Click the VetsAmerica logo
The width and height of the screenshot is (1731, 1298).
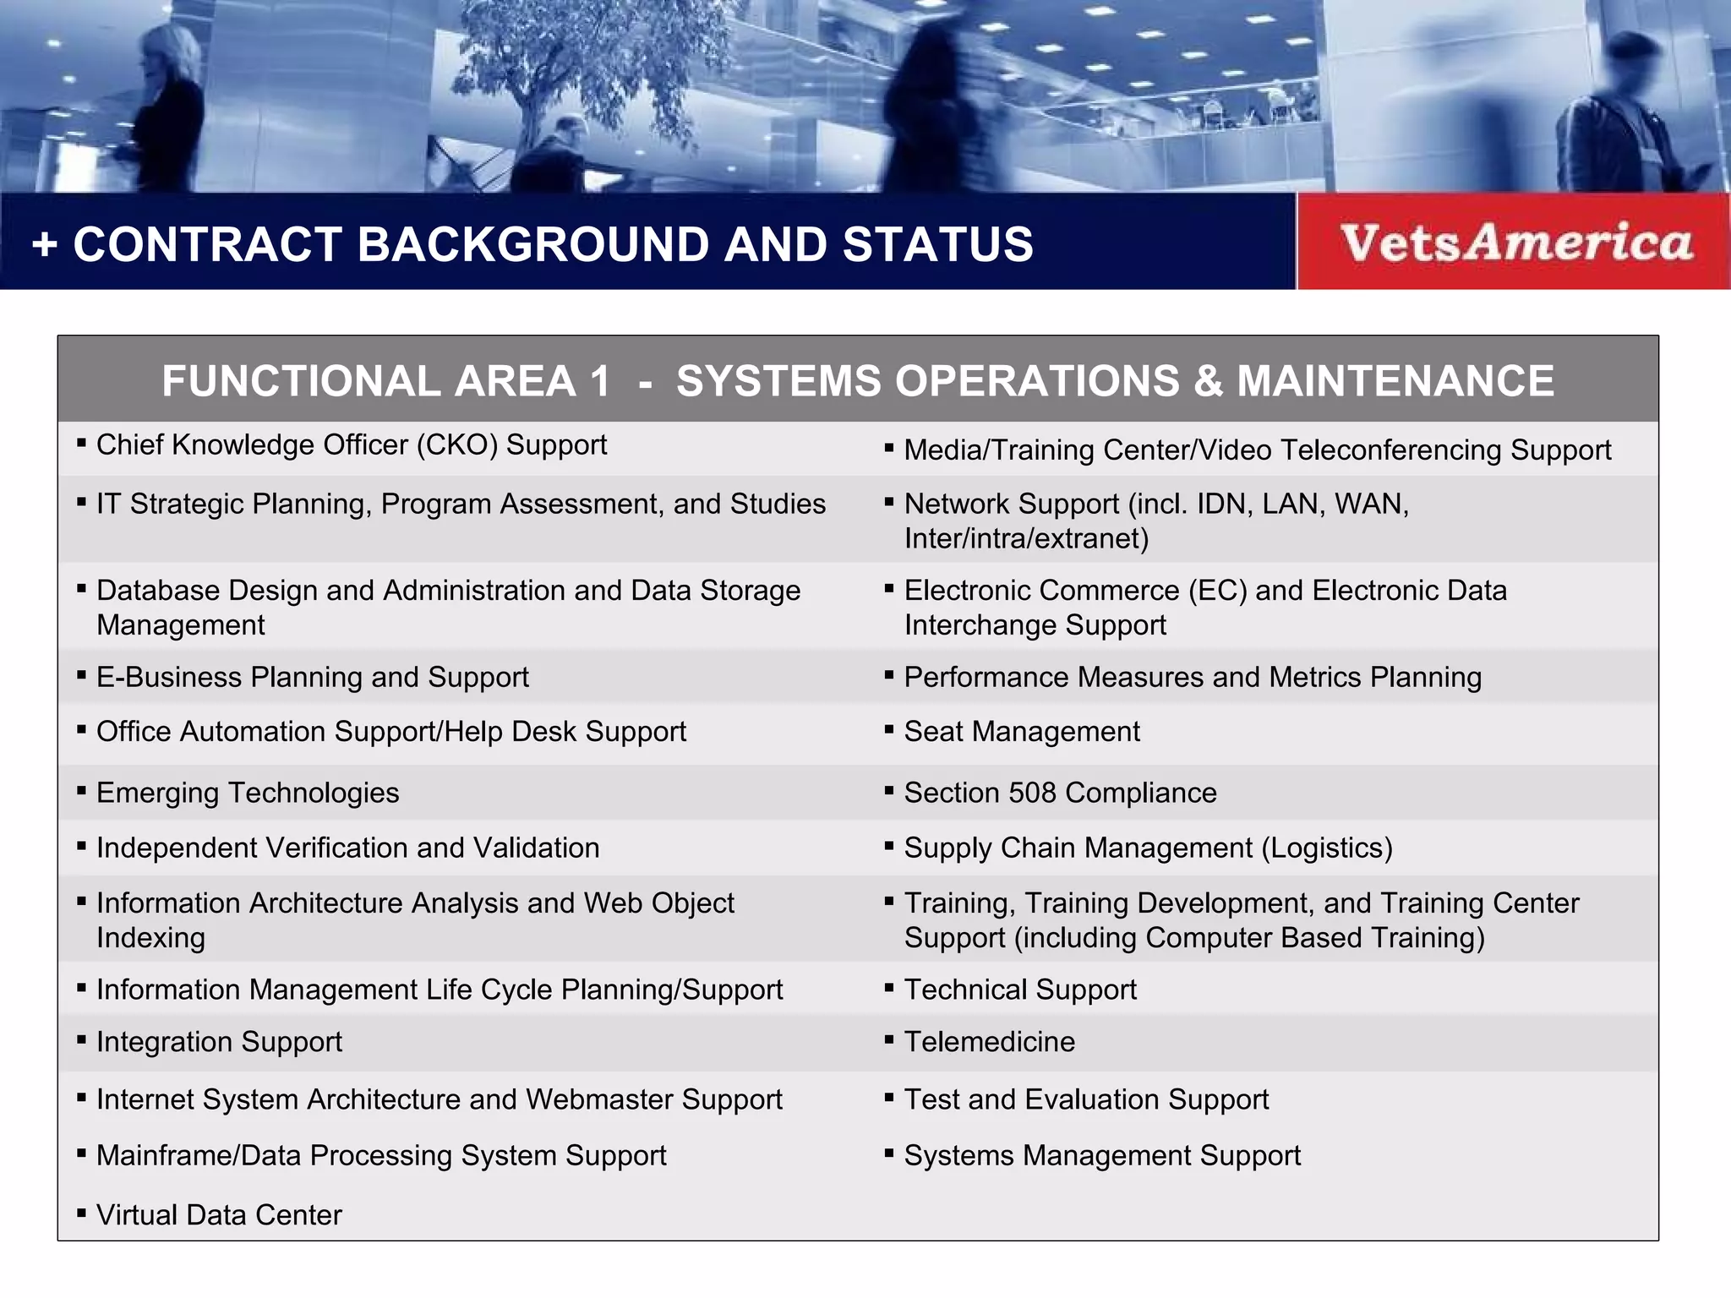(x=1515, y=243)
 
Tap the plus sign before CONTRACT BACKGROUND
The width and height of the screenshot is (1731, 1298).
(x=45, y=245)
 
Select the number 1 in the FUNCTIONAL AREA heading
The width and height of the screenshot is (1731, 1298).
(x=600, y=381)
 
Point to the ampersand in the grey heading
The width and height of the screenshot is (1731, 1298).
(x=1208, y=381)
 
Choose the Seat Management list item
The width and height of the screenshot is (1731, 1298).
(x=1021, y=731)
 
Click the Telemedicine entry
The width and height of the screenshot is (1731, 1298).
(x=989, y=1042)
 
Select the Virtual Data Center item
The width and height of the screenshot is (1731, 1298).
(x=219, y=1215)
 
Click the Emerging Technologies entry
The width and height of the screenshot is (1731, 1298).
(x=248, y=793)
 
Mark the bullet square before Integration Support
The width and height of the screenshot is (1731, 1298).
(x=82, y=1040)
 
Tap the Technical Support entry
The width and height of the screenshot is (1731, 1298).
(x=1020, y=990)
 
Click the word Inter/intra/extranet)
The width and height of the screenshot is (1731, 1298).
(x=1026, y=538)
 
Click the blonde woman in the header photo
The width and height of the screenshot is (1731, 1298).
(x=169, y=101)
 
